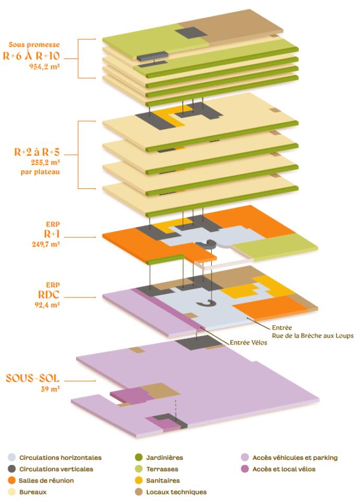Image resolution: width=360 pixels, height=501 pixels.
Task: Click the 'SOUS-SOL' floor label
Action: point(32,378)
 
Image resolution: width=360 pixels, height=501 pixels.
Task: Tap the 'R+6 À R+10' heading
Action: point(31,56)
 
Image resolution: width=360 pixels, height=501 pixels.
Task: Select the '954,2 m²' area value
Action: point(44,67)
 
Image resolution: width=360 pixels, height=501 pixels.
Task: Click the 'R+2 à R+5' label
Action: point(37,152)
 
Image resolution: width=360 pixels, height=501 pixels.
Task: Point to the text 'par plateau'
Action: point(40,172)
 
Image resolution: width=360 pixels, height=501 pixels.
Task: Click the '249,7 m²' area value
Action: point(46,244)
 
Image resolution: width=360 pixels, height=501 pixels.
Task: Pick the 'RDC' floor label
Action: point(49,294)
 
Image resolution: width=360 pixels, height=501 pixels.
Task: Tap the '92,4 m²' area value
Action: point(47,305)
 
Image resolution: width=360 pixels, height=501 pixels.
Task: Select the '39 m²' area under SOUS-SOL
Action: point(51,389)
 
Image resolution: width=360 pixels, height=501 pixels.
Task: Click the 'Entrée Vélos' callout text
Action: point(248,342)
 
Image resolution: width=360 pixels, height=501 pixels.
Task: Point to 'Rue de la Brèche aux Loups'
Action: point(313,336)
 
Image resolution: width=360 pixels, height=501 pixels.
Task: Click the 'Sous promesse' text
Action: point(34,44)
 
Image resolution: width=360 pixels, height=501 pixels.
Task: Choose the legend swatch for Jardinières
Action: point(139,458)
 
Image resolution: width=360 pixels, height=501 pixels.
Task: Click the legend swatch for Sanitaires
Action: point(139,481)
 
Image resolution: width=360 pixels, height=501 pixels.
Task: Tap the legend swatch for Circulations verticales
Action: point(12,469)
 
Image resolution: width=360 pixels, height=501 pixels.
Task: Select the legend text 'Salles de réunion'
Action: point(46,481)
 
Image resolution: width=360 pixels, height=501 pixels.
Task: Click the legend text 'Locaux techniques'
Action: point(176,492)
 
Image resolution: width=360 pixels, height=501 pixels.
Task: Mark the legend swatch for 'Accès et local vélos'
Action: point(245,469)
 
